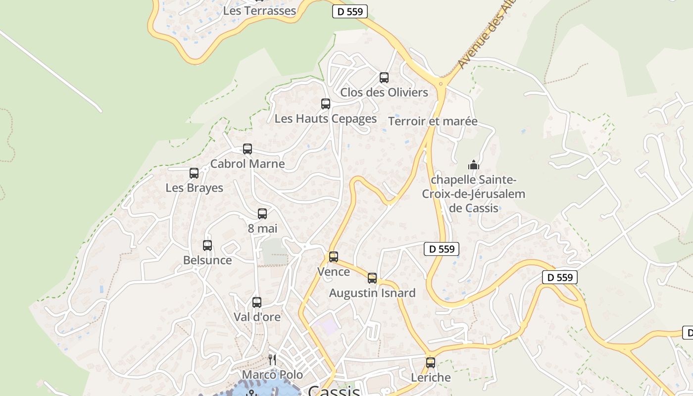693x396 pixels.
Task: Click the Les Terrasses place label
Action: [x=259, y=10]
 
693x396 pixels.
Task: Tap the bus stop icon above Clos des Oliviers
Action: [x=384, y=78]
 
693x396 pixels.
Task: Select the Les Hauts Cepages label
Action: [x=325, y=119]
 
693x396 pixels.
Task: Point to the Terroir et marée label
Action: [x=433, y=121]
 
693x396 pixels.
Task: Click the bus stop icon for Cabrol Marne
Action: [x=247, y=149]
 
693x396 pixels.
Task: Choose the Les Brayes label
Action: [x=194, y=188]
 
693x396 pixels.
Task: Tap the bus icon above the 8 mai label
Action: [x=262, y=214]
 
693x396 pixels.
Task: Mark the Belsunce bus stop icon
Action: [x=207, y=246]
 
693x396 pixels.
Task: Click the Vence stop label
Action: [x=333, y=272]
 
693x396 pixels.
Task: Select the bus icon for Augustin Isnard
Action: [x=372, y=278]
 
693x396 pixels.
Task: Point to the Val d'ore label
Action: [x=257, y=317]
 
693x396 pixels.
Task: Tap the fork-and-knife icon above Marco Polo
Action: [x=272, y=359]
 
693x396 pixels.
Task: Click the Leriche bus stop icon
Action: [x=431, y=363]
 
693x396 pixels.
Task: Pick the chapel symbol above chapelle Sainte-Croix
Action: [x=474, y=165]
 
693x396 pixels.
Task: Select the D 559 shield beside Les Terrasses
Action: [x=349, y=12]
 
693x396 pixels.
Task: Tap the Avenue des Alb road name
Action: [x=486, y=35]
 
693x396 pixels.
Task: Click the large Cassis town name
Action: [x=334, y=391]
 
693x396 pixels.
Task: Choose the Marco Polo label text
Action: [x=272, y=375]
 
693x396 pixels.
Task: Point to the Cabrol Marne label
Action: [x=247, y=164]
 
